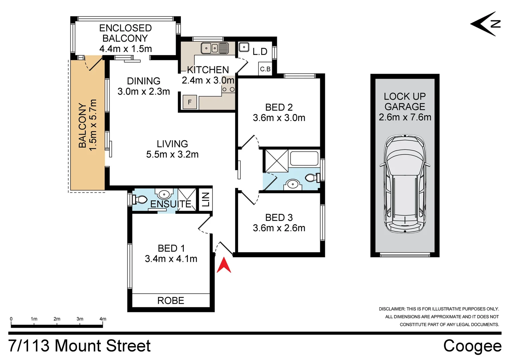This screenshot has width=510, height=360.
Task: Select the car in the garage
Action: pyautogui.click(x=405, y=184)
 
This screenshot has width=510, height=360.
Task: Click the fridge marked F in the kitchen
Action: pyautogui.click(x=190, y=102)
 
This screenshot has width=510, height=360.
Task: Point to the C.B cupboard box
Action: pyautogui.click(x=266, y=69)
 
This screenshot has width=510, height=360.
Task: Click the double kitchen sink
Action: pyautogui.click(x=214, y=48)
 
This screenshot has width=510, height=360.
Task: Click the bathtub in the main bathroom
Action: pyautogui.click(x=304, y=158)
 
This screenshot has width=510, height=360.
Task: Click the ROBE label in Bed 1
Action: pyautogui.click(x=171, y=301)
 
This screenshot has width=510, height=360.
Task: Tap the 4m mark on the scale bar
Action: pyautogui.click(x=103, y=319)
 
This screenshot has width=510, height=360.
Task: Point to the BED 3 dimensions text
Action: pyautogui.click(x=279, y=228)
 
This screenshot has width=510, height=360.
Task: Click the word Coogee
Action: pyautogui.click(x=472, y=346)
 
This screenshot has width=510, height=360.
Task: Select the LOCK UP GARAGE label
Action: pyautogui.click(x=405, y=101)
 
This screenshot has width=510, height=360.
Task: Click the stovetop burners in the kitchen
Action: pyautogui.click(x=228, y=89)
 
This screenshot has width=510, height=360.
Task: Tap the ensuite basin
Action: pyautogui.click(x=164, y=194)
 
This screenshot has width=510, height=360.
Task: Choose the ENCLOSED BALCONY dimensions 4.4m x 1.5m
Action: pyautogui.click(x=125, y=49)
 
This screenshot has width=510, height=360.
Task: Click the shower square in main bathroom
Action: pyautogui.click(x=276, y=161)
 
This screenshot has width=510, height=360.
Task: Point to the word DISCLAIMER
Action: pyautogui.click(x=391, y=309)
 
